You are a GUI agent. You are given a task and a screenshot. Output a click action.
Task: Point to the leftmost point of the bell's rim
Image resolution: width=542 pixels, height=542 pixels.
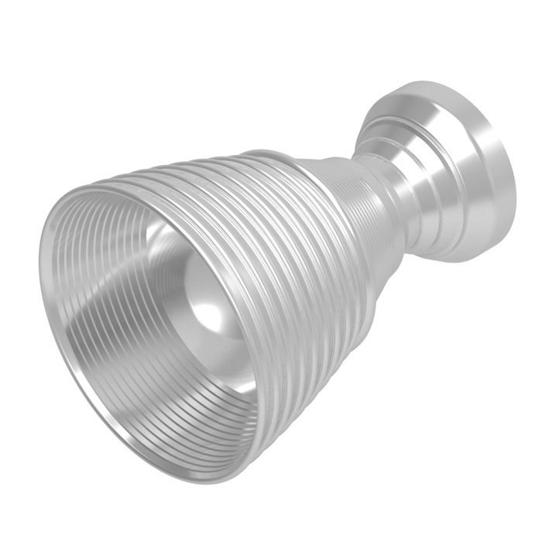[x=40, y=256]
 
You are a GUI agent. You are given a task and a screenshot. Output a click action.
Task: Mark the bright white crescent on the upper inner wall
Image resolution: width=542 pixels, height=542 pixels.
[x=166, y=232]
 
